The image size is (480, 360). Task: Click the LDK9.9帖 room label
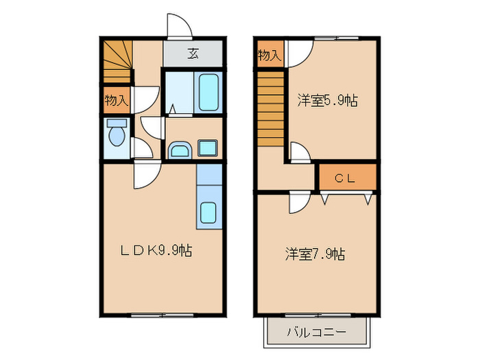(156, 251)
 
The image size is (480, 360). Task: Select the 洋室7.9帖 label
(315, 254)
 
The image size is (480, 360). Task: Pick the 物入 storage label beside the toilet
(116, 100)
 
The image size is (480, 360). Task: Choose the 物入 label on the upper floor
(269, 55)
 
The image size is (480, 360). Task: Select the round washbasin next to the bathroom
(180, 149)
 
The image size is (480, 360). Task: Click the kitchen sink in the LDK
(208, 215)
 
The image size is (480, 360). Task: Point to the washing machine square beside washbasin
(208, 148)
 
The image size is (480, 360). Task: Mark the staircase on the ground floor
(117, 60)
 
